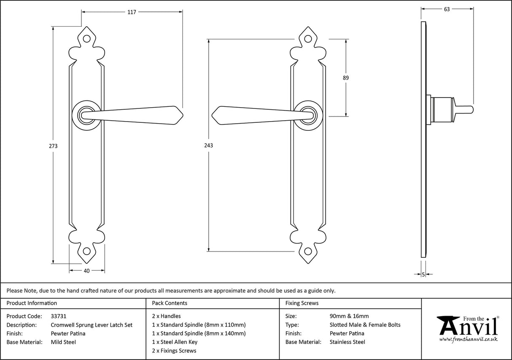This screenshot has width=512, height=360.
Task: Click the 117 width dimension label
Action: [132, 12]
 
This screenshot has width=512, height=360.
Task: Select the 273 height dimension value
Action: [53, 146]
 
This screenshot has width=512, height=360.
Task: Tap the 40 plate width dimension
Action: [86, 271]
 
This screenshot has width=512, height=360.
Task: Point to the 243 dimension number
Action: [208, 146]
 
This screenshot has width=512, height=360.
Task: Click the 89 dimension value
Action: [346, 78]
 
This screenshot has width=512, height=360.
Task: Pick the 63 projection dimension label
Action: [447, 9]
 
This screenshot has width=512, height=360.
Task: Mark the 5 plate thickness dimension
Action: [423, 275]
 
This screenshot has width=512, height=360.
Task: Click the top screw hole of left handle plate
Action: [87, 38]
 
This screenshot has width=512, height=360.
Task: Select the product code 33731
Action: [58, 316]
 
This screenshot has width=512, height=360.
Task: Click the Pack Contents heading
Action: [170, 303]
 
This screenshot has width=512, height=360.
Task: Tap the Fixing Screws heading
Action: [302, 303]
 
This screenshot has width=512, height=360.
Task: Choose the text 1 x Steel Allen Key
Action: [175, 342]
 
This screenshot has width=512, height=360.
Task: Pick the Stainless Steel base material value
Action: [348, 342]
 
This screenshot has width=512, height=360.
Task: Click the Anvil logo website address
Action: [468, 339]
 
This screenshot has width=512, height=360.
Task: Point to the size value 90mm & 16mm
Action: [349, 316]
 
